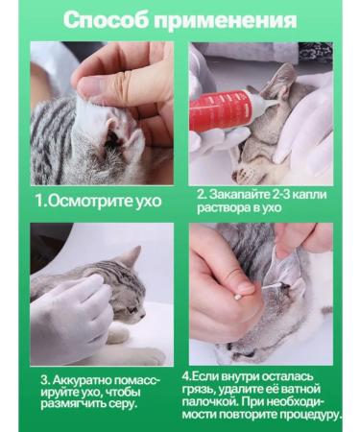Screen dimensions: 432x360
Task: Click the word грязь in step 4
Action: coord(213,388)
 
